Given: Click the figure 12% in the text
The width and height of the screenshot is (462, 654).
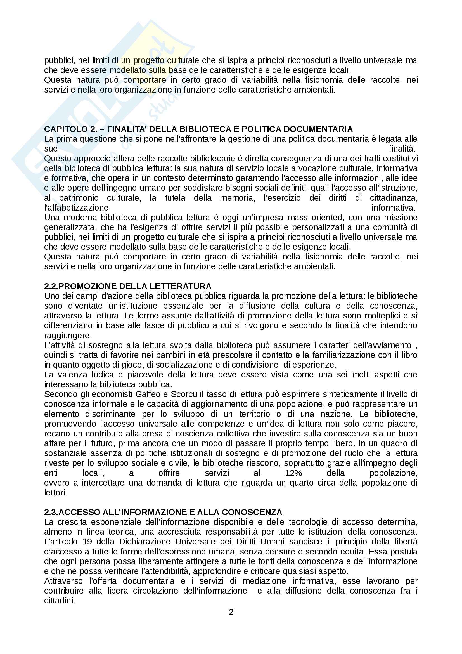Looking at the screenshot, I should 293,473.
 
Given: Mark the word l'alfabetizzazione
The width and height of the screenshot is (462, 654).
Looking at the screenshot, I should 76,208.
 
